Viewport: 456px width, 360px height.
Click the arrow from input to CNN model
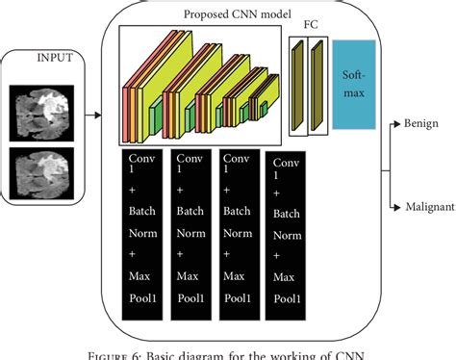(92, 116)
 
